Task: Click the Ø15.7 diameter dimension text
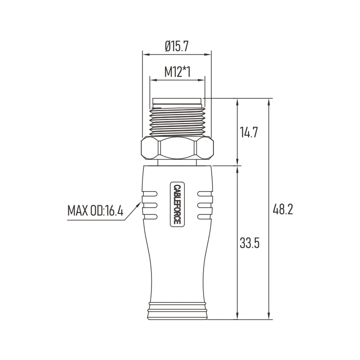click(177, 45)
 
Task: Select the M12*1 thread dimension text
click(177, 71)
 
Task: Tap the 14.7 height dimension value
click(249, 133)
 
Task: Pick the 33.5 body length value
click(249, 244)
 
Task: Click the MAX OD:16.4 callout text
click(95, 210)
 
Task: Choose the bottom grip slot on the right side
click(204, 217)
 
